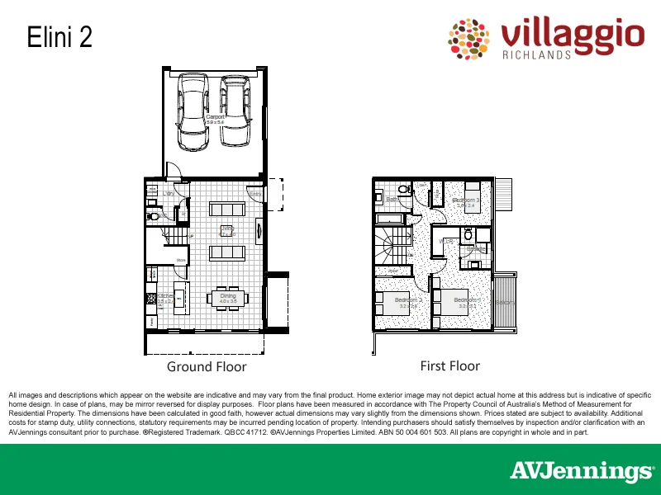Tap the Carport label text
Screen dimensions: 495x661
coord(215,118)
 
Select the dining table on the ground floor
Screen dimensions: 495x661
coord(228,298)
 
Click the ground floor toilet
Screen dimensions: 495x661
coord(153,216)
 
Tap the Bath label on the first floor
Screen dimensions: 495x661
coord(392,199)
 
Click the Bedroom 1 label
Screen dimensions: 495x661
coord(466,301)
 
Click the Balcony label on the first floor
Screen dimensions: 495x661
coord(505,302)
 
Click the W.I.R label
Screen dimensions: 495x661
coord(447,241)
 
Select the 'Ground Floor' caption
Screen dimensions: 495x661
coord(207,366)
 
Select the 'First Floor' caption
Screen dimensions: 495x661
coord(450,365)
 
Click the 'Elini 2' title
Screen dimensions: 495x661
coord(59,37)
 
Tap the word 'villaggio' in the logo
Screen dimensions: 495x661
coord(572,35)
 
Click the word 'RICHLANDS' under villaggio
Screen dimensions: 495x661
coord(536,55)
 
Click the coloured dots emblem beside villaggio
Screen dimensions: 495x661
coord(469,39)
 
